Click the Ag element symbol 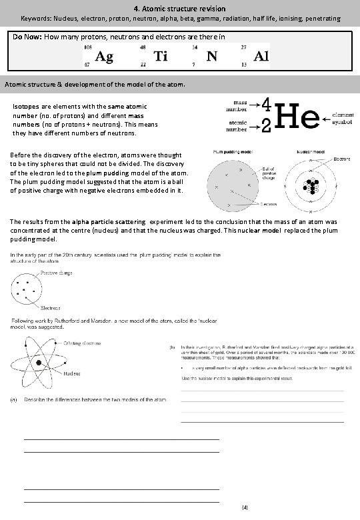click(x=104, y=57)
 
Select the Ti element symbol click(x=161, y=57)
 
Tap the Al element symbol click(x=262, y=57)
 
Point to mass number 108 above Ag click(x=88, y=47)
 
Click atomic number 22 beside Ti click(x=143, y=65)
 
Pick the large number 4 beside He click(x=265, y=105)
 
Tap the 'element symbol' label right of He click(x=344, y=118)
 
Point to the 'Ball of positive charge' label click(x=271, y=174)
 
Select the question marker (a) click(x=13, y=400)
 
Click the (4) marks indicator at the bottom click(x=245, y=507)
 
